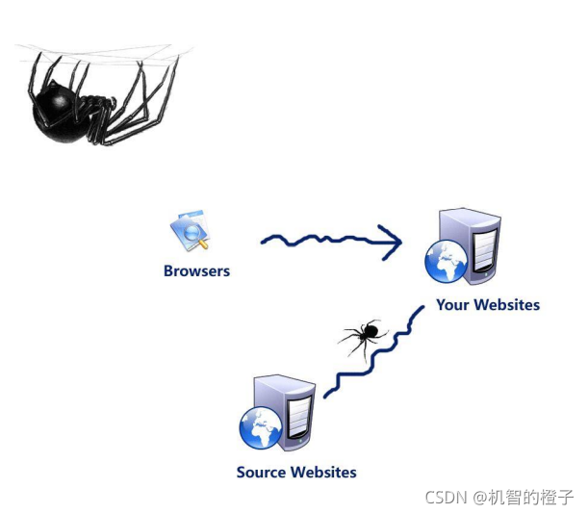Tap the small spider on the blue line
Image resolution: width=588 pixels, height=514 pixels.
point(363,334)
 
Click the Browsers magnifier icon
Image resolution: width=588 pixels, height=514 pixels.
point(191,231)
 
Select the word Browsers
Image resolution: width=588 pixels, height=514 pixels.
point(196,271)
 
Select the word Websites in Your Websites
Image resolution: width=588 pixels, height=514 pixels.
point(507,305)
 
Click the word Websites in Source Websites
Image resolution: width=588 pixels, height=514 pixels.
point(325,473)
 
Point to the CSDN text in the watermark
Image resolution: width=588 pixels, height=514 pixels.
point(446,497)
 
